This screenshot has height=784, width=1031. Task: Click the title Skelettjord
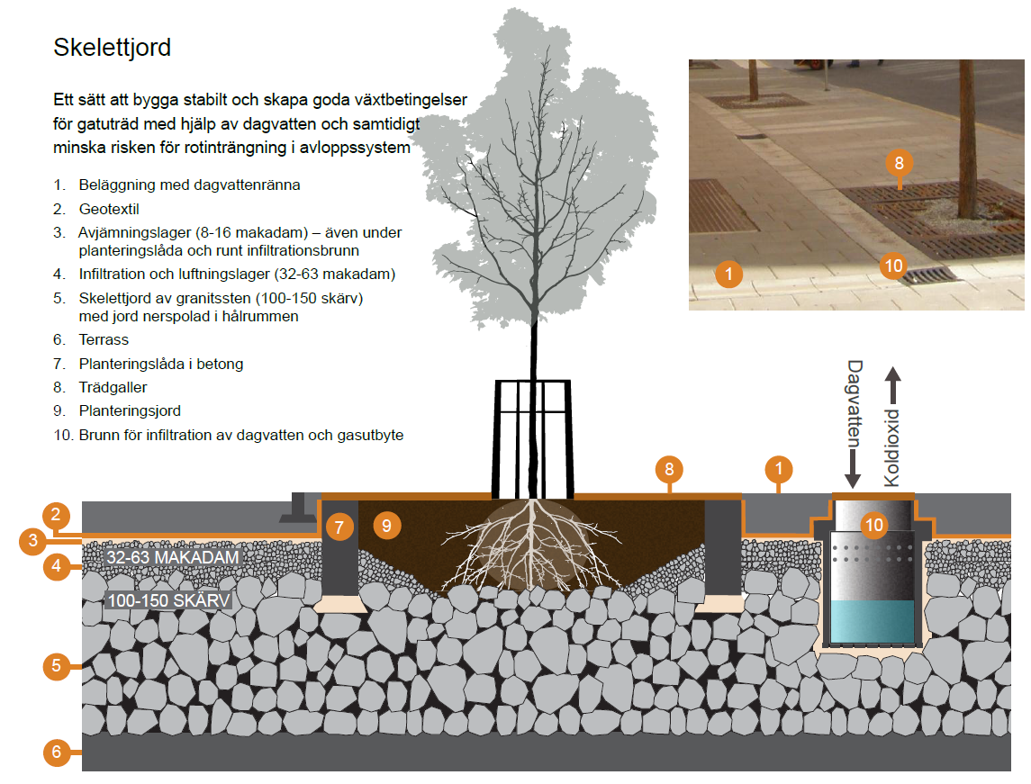tap(112, 48)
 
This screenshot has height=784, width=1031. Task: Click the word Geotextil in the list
tap(109, 209)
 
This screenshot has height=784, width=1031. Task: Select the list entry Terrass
tap(104, 339)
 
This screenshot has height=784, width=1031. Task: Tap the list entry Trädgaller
tap(113, 388)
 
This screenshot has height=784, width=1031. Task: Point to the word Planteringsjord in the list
tap(130, 411)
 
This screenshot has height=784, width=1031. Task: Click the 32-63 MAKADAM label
tap(173, 557)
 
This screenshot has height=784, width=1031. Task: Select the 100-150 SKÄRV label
tap(169, 600)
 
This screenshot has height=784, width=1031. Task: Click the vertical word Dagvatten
tap(855, 403)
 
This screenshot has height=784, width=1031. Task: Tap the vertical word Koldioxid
tap(891, 446)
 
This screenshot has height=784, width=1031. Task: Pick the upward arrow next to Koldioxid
tap(892, 385)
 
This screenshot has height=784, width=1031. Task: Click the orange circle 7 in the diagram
tap(339, 527)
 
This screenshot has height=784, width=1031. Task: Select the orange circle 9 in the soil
tap(386, 526)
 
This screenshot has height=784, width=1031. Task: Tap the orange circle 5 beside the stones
tap(57, 666)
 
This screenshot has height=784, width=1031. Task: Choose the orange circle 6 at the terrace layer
tap(57, 752)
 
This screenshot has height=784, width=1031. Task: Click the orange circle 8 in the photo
tap(899, 162)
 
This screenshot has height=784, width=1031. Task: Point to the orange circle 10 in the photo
tap(893, 266)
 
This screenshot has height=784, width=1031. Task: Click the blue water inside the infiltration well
tap(873, 621)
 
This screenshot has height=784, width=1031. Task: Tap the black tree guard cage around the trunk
tap(532, 439)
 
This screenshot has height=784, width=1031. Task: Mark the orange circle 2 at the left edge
tap(56, 515)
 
